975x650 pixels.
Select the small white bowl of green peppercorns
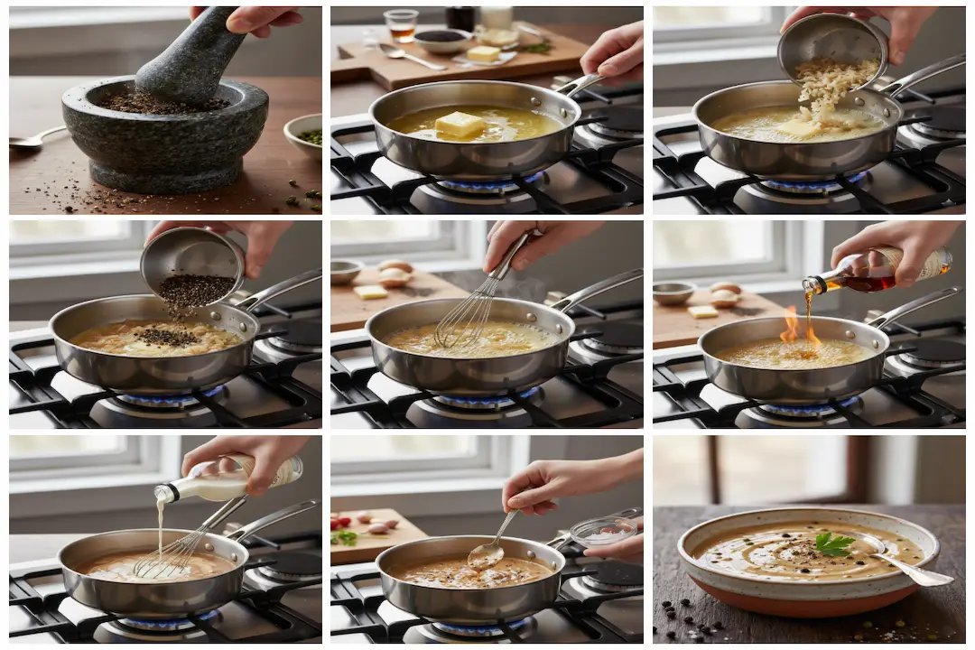[x=305, y=135]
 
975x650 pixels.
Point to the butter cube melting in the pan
[x=460, y=124]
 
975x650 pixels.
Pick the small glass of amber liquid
[x=400, y=25]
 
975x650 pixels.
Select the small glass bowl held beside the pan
[x=603, y=532]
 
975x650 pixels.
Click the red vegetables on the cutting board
[x=342, y=522]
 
